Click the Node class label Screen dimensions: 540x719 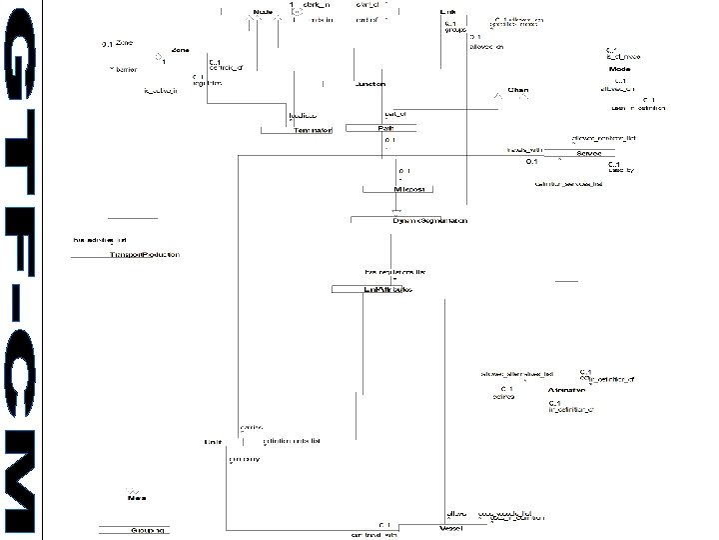click(x=264, y=12)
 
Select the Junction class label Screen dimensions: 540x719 click(x=370, y=84)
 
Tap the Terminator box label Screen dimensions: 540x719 click(x=314, y=131)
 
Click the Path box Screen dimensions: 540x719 click(x=384, y=129)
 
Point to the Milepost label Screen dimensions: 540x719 click(x=410, y=188)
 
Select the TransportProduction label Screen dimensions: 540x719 click(x=145, y=255)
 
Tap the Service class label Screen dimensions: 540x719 click(x=589, y=154)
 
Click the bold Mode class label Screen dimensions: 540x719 click(x=619, y=69)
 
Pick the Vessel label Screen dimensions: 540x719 click(x=452, y=526)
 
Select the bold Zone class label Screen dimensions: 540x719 click(x=181, y=49)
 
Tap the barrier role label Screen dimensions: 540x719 click(x=127, y=70)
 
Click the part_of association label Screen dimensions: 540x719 click(x=395, y=114)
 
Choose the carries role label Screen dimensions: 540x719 click(x=252, y=427)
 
